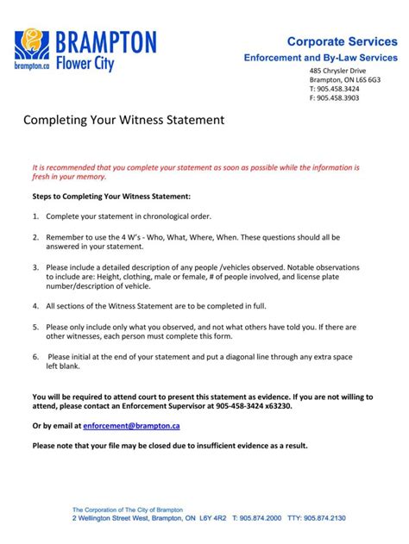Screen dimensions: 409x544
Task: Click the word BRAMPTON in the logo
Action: [106, 41]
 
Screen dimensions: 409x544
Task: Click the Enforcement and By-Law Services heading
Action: [318, 57]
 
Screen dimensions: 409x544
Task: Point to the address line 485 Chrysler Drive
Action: [338, 70]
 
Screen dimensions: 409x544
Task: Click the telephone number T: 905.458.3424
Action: [336, 89]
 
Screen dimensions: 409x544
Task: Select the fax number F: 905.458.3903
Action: [336, 98]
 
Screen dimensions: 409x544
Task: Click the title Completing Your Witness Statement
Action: [123, 120]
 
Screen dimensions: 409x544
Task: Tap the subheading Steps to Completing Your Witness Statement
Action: [111, 197]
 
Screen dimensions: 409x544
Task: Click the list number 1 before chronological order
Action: [35, 216]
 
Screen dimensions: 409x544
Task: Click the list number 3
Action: [35, 267]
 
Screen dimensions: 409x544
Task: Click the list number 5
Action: [35, 327]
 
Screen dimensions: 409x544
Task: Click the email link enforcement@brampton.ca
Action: [132, 426]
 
